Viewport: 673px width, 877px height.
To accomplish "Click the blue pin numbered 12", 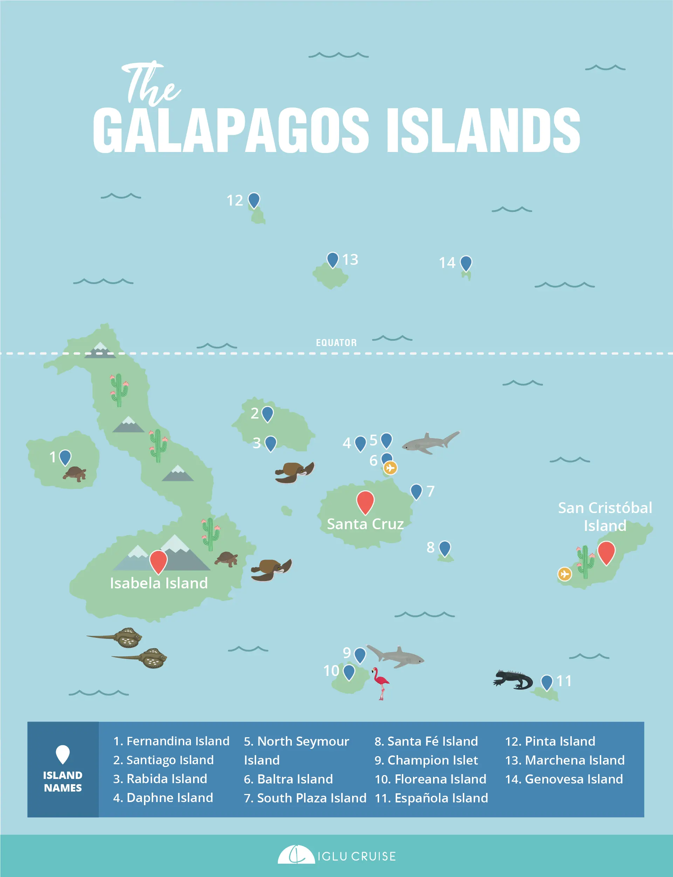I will coord(254,200).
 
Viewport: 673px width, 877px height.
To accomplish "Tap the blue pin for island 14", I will coord(466,263).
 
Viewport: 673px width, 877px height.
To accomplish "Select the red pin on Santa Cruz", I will coord(365,502).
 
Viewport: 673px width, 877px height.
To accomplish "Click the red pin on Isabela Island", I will coord(158,561).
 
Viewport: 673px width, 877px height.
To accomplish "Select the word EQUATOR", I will coord(336,343).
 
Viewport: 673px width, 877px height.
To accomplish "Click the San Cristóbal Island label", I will coord(605,517).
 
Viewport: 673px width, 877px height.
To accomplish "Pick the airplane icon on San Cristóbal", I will coord(564,574).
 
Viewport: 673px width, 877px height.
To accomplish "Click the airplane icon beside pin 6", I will coord(390,467).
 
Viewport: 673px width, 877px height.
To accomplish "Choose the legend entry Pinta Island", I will coord(550,741).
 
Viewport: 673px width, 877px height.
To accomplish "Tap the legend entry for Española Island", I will coord(431,798).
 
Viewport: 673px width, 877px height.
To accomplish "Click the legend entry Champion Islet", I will coord(426,760).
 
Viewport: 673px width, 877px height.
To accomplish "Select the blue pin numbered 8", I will coord(445,548).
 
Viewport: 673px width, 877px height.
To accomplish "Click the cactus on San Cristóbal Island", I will coord(585,561).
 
